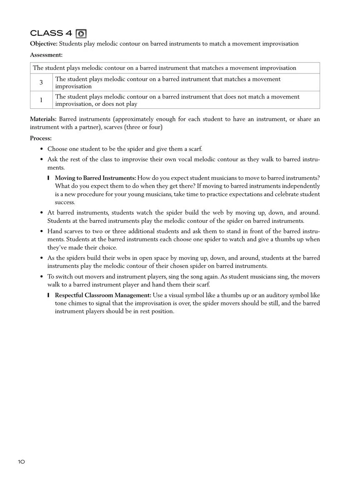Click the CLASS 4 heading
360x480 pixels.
coord(51,33)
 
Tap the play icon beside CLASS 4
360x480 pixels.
coord(81,34)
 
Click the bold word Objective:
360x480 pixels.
coord(43,44)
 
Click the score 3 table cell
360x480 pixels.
coord(41,82)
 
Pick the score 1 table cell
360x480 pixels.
coord(41,100)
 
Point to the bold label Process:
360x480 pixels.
coord(41,138)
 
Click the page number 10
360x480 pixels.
coord(22,462)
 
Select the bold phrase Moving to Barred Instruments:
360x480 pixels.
coord(95,178)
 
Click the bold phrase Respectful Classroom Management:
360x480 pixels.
coord(103,295)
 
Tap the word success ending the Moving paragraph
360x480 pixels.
coord(65,202)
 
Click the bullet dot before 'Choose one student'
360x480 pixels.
coord(41,149)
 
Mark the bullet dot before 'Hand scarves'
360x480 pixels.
coord(41,231)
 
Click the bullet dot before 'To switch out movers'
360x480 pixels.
coord(41,277)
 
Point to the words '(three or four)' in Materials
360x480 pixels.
coord(143,127)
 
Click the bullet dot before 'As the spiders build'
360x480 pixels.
coord(41,258)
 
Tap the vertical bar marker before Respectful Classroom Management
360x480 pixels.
coord(49,295)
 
